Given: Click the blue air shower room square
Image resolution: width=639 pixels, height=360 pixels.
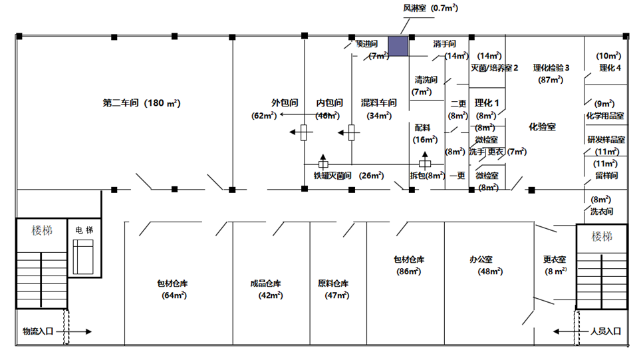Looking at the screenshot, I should pos(398,46).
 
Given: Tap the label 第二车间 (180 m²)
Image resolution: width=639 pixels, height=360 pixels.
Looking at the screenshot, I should pos(142,103).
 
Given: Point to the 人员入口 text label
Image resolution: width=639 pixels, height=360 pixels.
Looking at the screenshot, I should pos(605,331).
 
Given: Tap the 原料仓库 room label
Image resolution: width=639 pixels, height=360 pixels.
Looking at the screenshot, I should pos(333,283).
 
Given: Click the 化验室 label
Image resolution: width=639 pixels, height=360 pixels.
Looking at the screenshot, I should pos(542,126).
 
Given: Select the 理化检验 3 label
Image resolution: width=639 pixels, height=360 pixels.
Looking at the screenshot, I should pos(551,68).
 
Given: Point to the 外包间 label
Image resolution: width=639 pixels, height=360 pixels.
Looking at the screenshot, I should pos(284,103).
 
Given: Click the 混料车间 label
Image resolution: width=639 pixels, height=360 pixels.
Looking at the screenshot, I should pos(379,103).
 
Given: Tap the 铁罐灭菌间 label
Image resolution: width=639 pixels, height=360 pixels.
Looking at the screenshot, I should pos(332,176).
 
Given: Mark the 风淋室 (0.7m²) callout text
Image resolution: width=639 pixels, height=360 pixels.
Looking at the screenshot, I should pos(430,8).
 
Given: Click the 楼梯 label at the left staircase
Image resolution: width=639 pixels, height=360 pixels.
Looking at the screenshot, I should pos(41,230).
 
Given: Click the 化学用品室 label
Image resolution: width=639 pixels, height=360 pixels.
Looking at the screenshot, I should pos(604,116).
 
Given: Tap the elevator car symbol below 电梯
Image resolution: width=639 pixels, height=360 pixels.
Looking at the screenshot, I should pos(84,254).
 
